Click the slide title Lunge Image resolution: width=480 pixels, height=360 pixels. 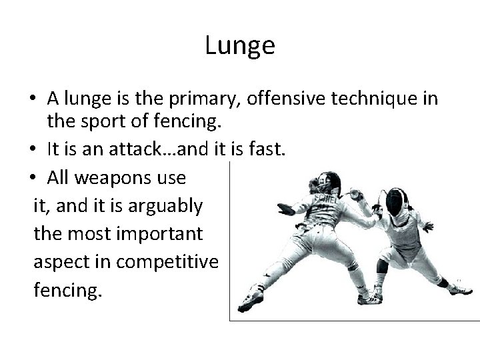239,45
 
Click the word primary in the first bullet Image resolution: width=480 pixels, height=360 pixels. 209,99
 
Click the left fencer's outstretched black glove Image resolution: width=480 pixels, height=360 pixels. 285,209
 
